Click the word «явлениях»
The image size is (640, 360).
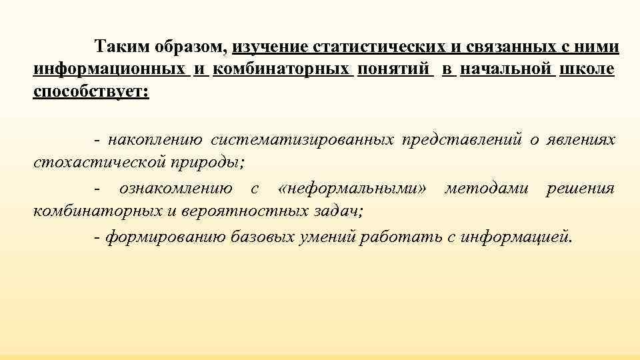click(x=580, y=140)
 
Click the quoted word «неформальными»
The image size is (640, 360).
click(x=354, y=189)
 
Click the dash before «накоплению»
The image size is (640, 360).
click(x=98, y=140)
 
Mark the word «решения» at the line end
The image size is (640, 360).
click(x=580, y=189)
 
